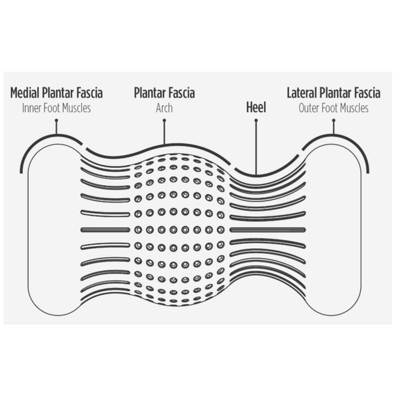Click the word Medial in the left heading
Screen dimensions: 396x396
click(25, 92)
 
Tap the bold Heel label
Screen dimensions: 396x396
click(256, 107)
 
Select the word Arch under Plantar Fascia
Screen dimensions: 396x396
click(164, 108)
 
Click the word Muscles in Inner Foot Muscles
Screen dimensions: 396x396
click(76, 108)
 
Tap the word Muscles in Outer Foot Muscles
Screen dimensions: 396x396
click(354, 108)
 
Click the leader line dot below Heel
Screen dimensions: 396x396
click(256, 120)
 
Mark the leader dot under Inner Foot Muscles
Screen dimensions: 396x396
click(57, 120)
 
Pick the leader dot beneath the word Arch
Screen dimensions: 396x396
click(164, 120)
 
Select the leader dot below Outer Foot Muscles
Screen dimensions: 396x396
click(333, 120)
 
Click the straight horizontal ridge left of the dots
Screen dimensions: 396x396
click(105, 230)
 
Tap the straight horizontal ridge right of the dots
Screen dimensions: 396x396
click(268, 230)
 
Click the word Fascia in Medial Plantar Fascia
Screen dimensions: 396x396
click(89, 92)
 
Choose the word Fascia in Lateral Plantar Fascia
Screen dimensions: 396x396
click(367, 92)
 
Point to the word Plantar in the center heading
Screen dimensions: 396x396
click(150, 92)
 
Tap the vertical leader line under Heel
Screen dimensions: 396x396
click(256, 148)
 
